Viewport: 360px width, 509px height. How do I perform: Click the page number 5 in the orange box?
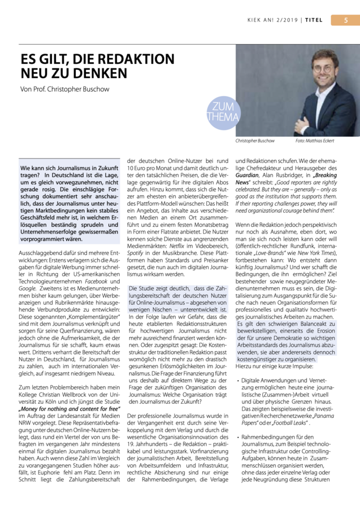tap(347, 20)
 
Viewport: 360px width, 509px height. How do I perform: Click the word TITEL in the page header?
tap(314, 20)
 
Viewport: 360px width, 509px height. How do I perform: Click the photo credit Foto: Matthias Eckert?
tap(314, 140)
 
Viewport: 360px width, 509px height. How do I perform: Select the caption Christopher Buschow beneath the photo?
tap(255, 140)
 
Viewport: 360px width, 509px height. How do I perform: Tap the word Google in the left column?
tap(27, 288)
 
